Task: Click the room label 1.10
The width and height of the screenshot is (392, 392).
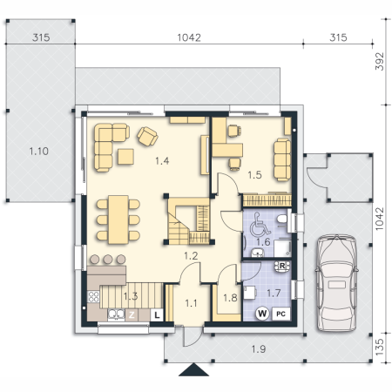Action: tap(39, 152)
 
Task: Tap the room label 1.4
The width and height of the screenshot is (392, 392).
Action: tap(162, 161)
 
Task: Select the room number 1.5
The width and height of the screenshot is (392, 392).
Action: tap(254, 175)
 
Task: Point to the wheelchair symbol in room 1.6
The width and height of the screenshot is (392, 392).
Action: tap(260, 224)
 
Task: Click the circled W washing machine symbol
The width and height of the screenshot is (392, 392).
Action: tap(262, 314)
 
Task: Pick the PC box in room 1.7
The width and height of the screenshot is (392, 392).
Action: tap(280, 314)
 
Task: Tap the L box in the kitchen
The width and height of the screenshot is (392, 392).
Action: tap(157, 314)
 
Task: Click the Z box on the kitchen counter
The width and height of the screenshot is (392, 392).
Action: tap(132, 314)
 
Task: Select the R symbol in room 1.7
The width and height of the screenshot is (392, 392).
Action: tap(282, 266)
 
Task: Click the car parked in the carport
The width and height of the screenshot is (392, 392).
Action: tap(337, 283)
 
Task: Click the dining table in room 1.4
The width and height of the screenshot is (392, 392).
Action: tap(118, 220)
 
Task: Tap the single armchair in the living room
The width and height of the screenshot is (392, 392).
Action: tap(147, 136)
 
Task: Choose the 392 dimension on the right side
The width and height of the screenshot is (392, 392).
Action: tap(380, 61)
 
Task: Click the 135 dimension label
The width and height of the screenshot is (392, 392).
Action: tap(380, 347)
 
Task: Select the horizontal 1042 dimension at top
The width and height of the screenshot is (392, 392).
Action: tap(189, 37)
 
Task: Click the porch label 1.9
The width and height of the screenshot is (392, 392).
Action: tap(259, 349)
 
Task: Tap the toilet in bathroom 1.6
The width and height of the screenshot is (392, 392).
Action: tap(281, 220)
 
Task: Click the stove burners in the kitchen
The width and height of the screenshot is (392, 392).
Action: tap(93, 297)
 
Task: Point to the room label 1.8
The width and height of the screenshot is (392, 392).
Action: tap(230, 298)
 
